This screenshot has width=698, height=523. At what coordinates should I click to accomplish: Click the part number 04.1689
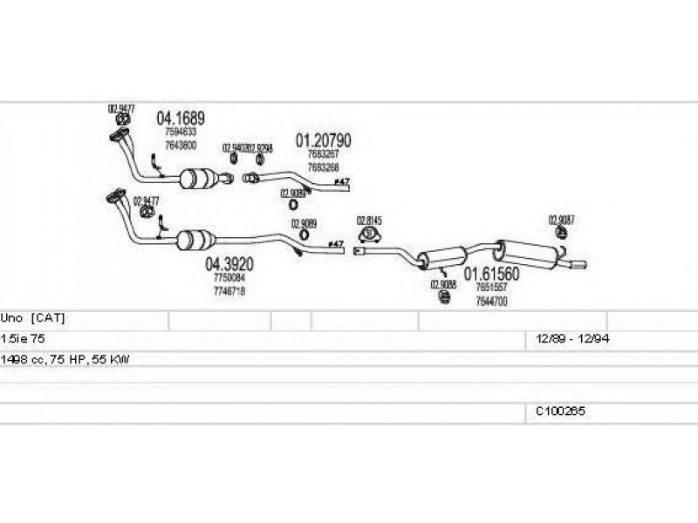click(181, 118)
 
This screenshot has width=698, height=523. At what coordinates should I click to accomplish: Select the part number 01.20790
click(323, 139)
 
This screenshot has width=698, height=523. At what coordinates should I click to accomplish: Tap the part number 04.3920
click(229, 263)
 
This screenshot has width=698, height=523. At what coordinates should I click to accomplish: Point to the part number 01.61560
click(491, 274)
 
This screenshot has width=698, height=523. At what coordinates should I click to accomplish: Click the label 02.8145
click(369, 221)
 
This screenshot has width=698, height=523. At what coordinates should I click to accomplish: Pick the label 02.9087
click(561, 220)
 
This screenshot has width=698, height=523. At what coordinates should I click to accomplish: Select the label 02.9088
click(442, 284)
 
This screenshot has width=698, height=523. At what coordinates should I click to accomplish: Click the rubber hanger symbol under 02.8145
click(370, 234)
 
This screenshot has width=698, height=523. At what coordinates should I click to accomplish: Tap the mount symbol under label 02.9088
click(443, 298)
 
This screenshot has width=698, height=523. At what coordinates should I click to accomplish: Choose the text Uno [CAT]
click(33, 318)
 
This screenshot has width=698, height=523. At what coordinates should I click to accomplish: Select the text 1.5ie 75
click(24, 338)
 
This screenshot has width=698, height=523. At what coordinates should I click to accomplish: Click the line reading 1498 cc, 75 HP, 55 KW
click(65, 359)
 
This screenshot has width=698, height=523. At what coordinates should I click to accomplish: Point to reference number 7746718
click(229, 290)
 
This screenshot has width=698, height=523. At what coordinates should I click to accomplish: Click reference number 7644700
click(491, 301)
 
